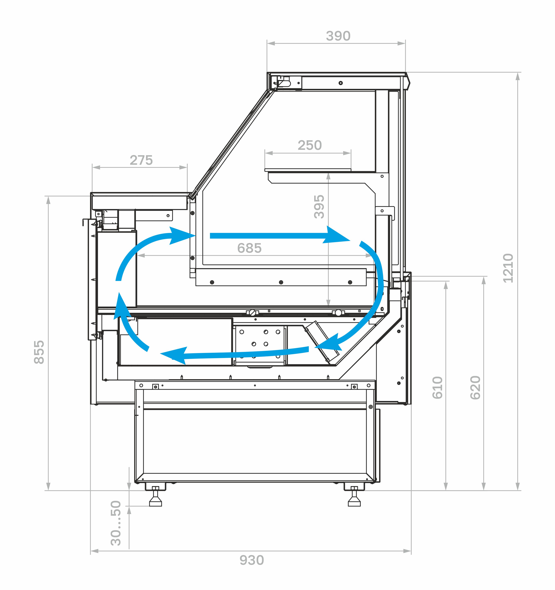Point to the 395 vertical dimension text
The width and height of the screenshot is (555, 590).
click(319, 207)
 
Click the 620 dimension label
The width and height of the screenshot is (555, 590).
click(475, 388)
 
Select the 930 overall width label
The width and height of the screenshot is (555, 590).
click(252, 560)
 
